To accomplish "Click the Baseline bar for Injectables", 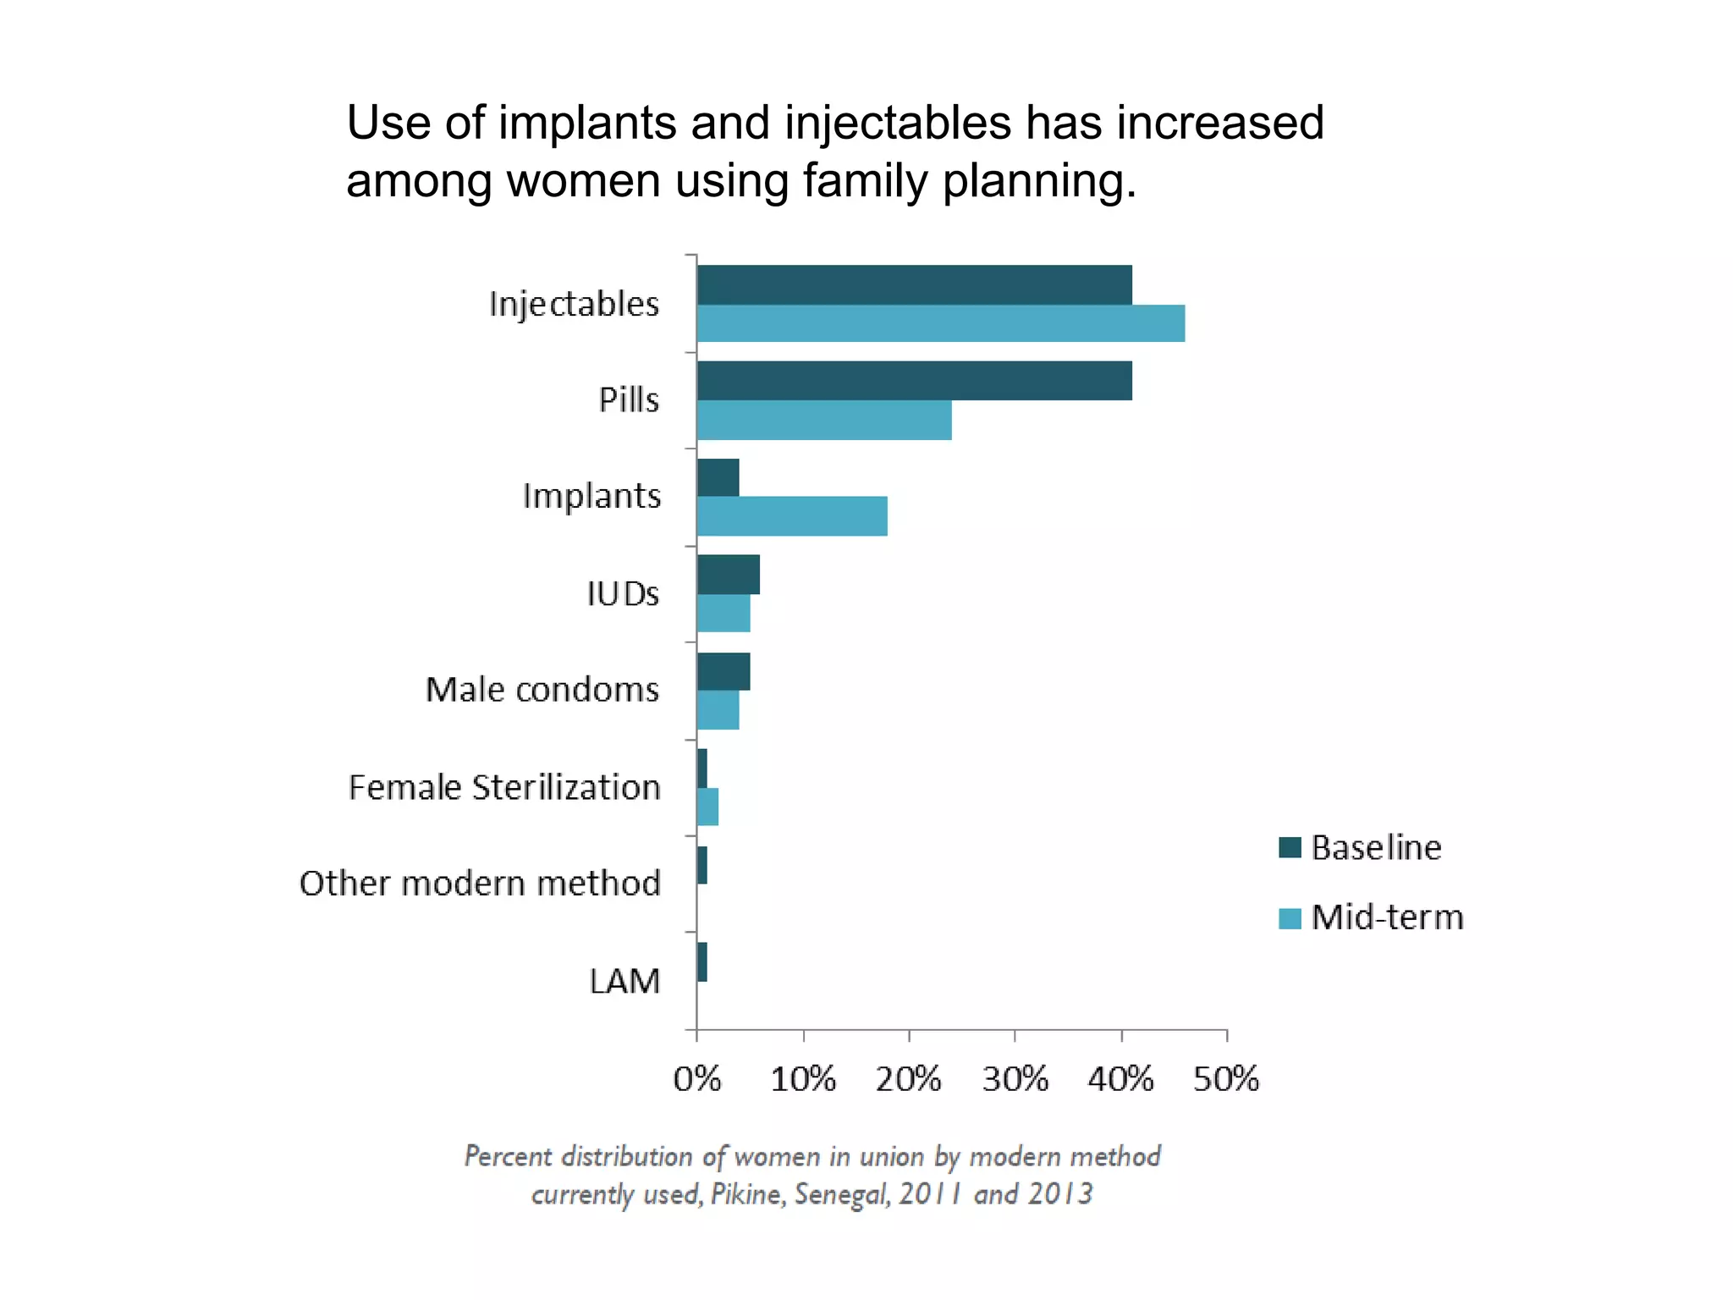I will pos(914,284).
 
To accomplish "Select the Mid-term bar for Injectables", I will pos(940,323).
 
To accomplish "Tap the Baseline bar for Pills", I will pos(914,381).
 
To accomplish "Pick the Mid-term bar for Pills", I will pos(824,421).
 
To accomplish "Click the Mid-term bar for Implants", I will pos(792,516).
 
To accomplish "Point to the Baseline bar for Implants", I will pos(718,477).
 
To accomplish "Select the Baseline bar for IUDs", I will pos(728,575).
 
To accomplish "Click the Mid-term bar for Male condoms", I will pos(718,710).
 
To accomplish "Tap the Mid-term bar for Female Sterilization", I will pos(707,807).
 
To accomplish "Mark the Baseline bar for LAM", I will pos(702,962).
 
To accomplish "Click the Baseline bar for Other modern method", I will pos(702,865).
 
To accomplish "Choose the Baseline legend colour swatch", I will pos(1290,847).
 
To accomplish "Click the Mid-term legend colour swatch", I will pos(1290,918).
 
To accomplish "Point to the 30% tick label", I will pos(1015,1080).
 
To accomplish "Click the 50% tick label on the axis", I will pos(1226,1080).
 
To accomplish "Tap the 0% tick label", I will pos(697,1080).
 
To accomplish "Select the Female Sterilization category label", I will pos(504,788).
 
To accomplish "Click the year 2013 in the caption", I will pos(1060,1194).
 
